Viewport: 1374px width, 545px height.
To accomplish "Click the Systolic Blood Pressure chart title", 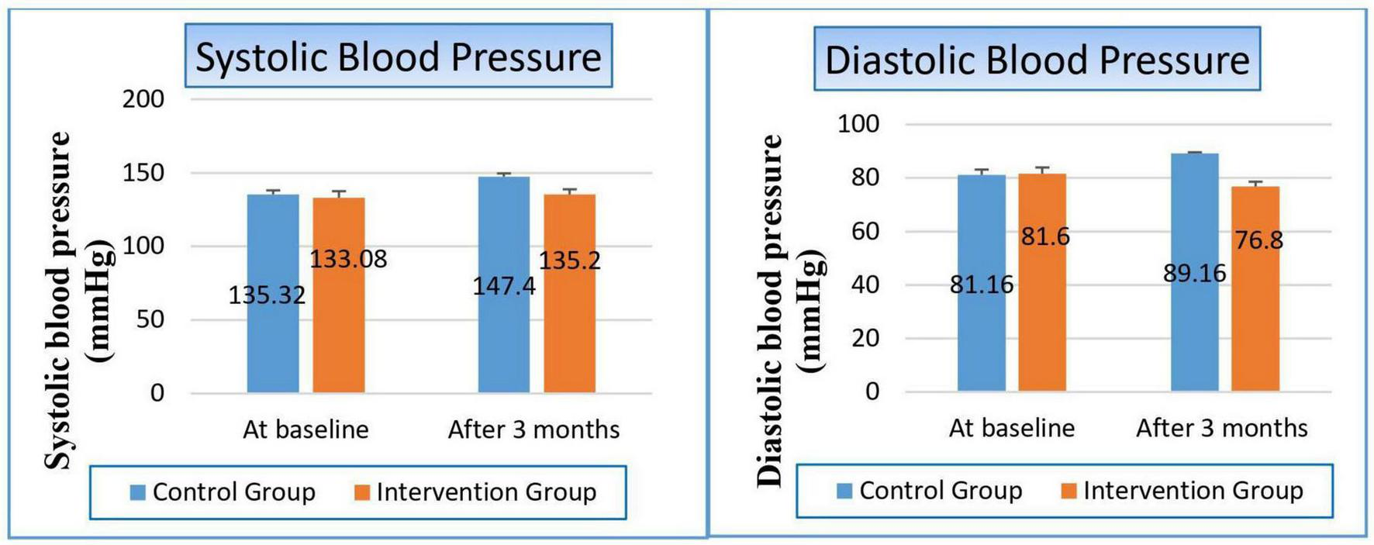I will [x=398, y=57].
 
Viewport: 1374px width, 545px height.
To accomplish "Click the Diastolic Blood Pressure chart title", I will [x=1037, y=60].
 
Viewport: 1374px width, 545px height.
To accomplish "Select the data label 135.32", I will [x=267, y=295].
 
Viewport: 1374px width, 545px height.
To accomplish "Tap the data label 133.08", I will [x=348, y=259].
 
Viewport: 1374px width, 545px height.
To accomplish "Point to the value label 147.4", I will [x=504, y=286].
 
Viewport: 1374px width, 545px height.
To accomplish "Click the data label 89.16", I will [x=1194, y=273].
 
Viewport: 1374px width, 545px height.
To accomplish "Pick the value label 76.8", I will [x=1258, y=240].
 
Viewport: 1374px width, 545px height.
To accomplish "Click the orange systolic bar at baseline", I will [x=339, y=341].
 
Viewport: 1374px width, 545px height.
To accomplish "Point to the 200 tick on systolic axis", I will [x=143, y=99].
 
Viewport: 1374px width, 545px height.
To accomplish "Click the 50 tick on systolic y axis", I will [x=150, y=319].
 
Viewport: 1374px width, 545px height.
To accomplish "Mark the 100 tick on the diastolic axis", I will [x=858, y=124].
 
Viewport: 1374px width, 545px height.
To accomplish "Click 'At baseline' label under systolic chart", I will [x=306, y=429].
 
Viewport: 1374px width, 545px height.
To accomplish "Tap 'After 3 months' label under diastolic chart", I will [x=1221, y=428].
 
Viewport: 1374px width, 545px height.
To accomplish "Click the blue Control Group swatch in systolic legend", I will [x=138, y=492].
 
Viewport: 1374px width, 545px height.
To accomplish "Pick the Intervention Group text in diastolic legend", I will [x=1193, y=491].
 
